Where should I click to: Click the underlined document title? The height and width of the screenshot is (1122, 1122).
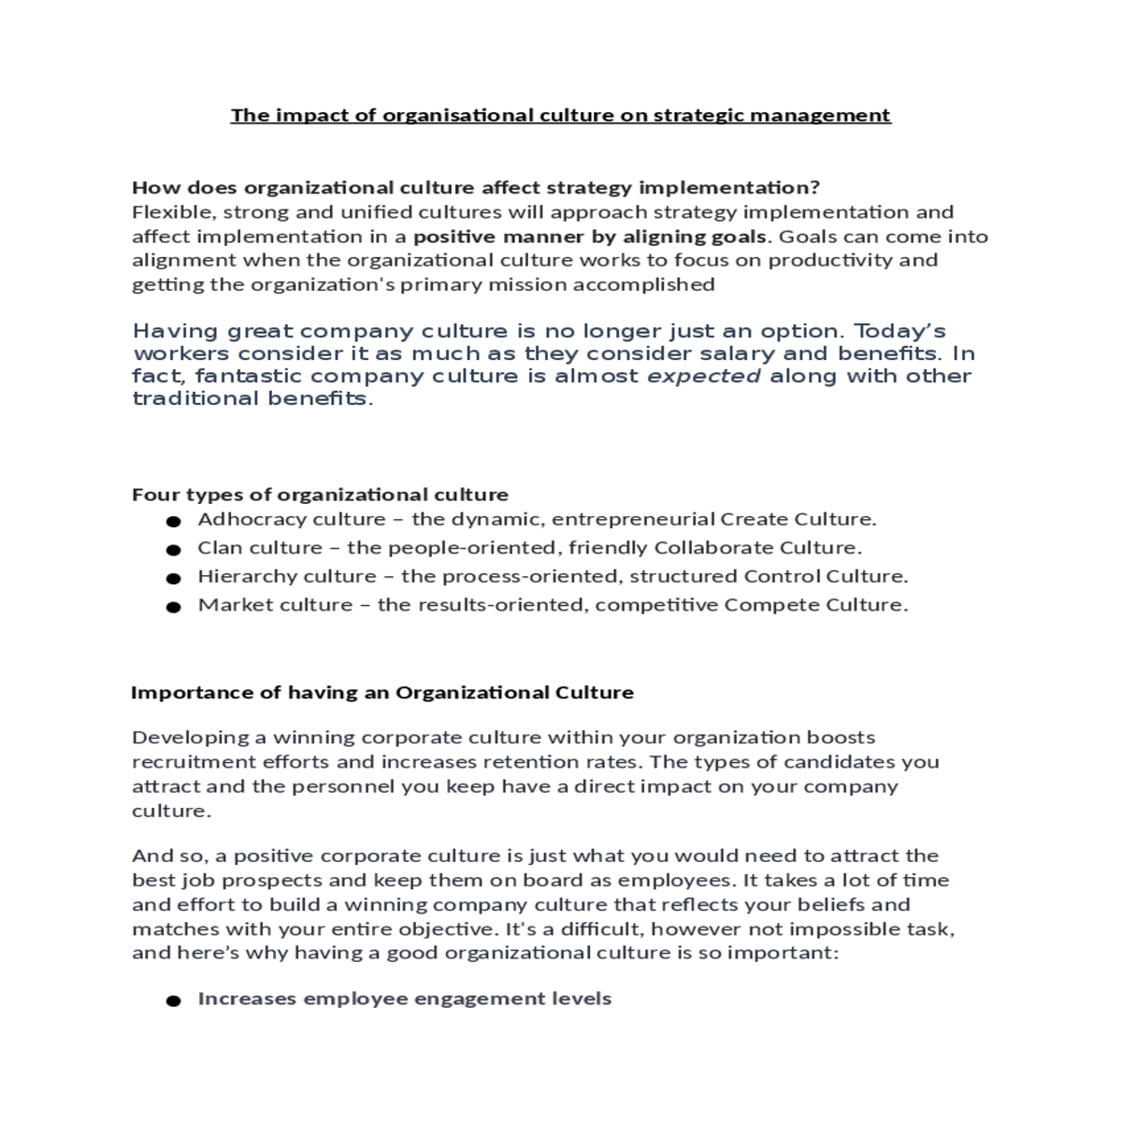[x=560, y=115]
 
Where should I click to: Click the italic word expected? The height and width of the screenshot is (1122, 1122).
[x=704, y=376]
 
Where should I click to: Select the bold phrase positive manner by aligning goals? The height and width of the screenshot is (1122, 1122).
[x=590, y=237]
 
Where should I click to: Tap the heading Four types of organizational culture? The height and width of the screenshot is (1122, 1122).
[x=320, y=495]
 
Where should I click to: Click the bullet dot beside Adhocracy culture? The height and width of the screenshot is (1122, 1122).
[x=173, y=522]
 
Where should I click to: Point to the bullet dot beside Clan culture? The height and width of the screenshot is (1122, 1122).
[x=173, y=551]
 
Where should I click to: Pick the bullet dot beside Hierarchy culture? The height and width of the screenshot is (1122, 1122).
[x=173, y=579]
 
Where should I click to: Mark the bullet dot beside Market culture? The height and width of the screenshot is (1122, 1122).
[x=173, y=608]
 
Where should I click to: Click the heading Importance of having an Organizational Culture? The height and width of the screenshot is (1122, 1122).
[x=381, y=693]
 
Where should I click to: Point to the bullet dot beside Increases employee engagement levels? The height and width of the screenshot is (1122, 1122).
[x=173, y=1001]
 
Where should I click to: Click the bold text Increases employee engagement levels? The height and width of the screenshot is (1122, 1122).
[x=404, y=999]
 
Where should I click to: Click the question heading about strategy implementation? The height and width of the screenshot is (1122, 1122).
[x=475, y=188]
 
